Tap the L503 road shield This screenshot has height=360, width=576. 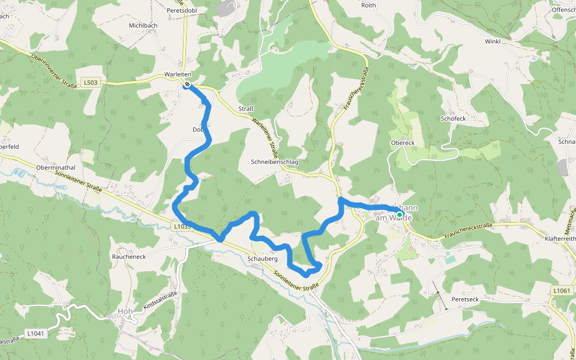pyautogui.click(x=91, y=82)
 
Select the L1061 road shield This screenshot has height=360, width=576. pyautogui.click(x=561, y=290)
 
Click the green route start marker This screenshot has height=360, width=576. pyautogui.click(x=400, y=214)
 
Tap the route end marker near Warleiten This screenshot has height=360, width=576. pyautogui.click(x=187, y=85)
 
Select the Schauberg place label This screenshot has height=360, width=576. pyautogui.click(x=262, y=259)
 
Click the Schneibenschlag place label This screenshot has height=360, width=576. pyautogui.click(x=275, y=162)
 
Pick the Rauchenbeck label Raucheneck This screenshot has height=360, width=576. pyautogui.click(x=128, y=256)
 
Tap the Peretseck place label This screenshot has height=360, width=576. pyautogui.click(x=465, y=299)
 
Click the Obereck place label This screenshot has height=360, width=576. pyautogui.click(x=403, y=143)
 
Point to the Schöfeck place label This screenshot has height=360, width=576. pyautogui.click(x=453, y=119)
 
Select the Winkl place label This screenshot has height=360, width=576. pyautogui.click(x=493, y=41)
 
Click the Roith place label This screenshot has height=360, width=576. pyautogui.click(x=368, y=5)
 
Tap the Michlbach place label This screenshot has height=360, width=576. pyautogui.click(x=143, y=26)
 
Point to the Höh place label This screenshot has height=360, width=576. pyautogui.click(x=125, y=311)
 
